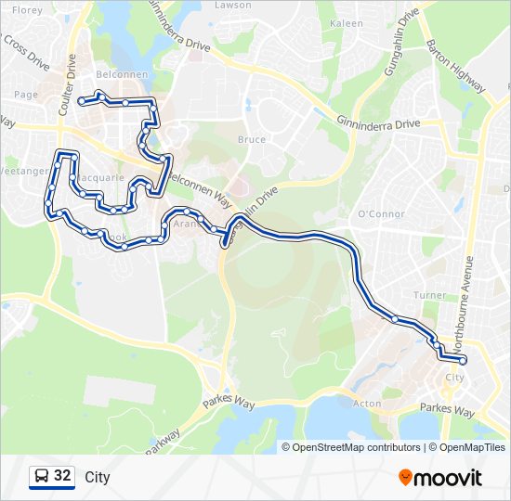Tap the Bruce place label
[x=252, y=140]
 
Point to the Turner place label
[x=430, y=295]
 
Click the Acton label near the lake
[x=367, y=404]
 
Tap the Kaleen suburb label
[x=347, y=23]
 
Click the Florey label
[x=28, y=11]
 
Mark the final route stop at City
[x=463, y=361]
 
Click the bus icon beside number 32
[x=41, y=477]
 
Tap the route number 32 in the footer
[x=63, y=476]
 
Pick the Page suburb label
[x=25, y=95]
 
